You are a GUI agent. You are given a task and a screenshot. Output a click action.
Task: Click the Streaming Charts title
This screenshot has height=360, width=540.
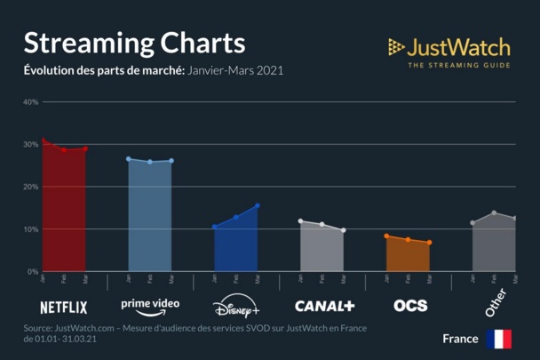click(134, 43)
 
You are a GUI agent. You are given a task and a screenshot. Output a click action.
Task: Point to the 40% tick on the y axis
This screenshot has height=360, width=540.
click(30, 101)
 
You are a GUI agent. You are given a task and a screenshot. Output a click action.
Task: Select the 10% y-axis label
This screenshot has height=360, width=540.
click(30, 229)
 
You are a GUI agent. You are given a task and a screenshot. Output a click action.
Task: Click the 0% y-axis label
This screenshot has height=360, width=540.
click(32, 271)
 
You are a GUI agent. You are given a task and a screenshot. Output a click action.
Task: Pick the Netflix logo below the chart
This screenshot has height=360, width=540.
click(64, 308)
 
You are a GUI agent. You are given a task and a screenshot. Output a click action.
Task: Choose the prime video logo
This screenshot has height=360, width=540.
click(150, 305)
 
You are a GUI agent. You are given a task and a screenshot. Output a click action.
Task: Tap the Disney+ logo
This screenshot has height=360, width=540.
click(236, 308)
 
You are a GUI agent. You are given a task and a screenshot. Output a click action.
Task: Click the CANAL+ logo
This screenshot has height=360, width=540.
click(324, 306)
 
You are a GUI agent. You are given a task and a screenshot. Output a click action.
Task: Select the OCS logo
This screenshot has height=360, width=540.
click(410, 306)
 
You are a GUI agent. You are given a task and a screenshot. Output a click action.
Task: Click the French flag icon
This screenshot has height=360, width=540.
click(498, 339)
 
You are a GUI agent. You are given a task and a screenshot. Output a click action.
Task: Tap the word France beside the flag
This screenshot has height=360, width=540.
click(460, 339)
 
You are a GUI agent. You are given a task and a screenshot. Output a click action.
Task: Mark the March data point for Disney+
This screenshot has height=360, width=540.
click(258, 205)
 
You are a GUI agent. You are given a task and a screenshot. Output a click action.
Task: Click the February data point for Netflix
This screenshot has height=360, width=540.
click(64, 150)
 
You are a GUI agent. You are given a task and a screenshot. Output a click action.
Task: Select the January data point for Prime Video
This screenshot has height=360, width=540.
click(129, 159)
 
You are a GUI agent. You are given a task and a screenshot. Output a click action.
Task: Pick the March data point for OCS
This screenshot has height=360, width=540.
click(429, 243)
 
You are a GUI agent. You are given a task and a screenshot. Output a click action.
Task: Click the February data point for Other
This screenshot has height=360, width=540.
click(494, 212)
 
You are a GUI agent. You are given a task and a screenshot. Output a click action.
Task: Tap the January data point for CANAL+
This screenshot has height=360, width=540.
click(300, 220)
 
